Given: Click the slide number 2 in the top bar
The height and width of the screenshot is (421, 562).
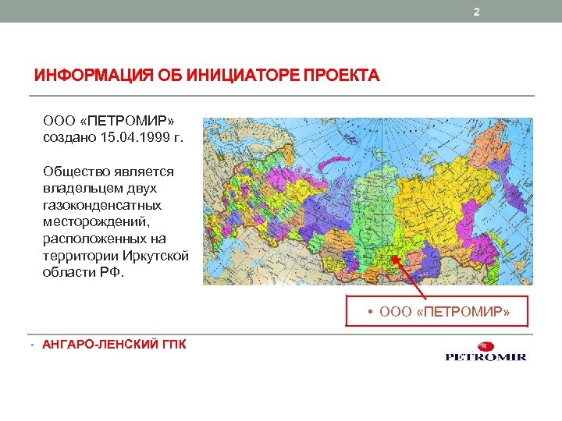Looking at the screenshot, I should [477, 12].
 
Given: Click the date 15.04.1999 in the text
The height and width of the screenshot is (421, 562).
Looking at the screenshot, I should [130, 137].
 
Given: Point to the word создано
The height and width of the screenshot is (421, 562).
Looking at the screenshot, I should [69, 137].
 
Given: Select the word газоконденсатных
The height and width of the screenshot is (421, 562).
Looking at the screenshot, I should [102, 204].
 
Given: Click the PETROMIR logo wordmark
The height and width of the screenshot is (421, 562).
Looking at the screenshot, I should [486, 357].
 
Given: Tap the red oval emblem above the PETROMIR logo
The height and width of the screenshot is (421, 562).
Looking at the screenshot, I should [486, 345].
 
